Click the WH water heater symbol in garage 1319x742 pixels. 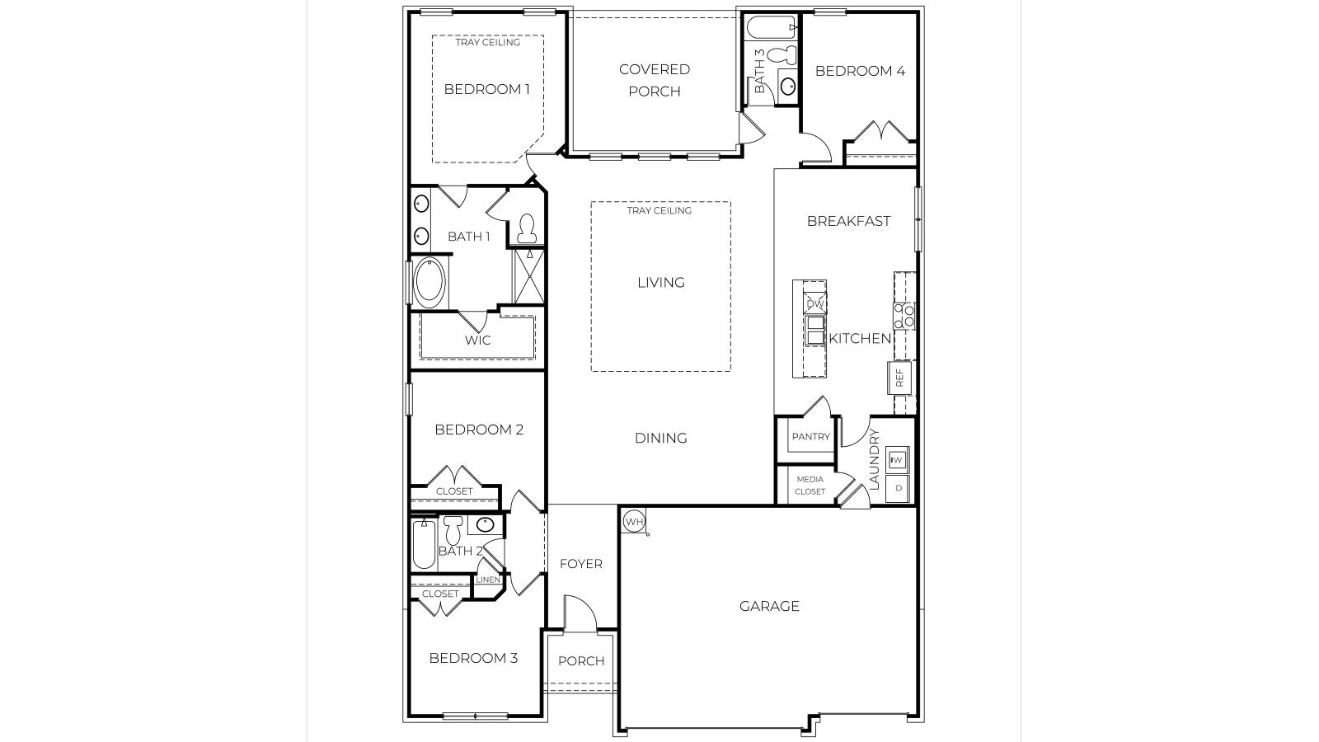click(x=634, y=521)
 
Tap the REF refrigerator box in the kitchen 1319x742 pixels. click(x=899, y=378)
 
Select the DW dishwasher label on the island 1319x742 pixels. click(x=814, y=304)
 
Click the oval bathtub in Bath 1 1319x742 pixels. click(x=429, y=283)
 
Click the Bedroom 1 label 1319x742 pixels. click(x=486, y=89)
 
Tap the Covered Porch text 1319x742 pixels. click(x=655, y=80)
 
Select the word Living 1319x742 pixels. click(x=660, y=283)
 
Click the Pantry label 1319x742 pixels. click(x=810, y=437)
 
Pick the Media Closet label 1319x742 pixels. click(x=810, y=485)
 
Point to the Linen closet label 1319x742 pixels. click(x=488, y=580)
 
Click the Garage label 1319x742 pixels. click(x=769, y=606)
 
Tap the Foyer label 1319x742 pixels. click(x=581, y=564)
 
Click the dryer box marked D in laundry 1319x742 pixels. click(x=899, y=488)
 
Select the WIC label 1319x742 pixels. click(x=477, y=340)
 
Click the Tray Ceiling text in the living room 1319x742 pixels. click(x=659, y=210)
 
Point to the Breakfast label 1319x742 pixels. click(x=848, y=221)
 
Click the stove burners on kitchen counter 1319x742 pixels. click(x=904, y=316)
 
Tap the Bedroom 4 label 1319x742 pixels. click(x=860, y=71)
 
